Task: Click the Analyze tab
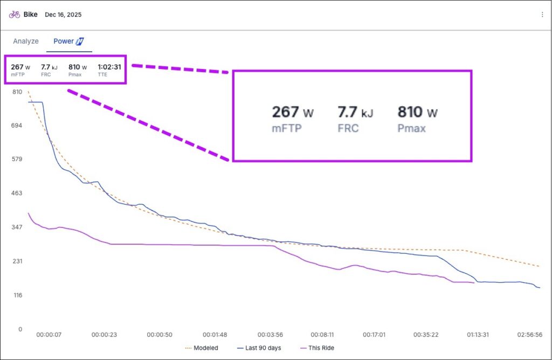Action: pos(26,41)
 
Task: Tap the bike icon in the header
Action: pos(15,15)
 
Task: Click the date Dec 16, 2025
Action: pos(63,15)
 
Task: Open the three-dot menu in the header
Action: pos(542,15)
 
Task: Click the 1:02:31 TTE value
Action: pos(109,67)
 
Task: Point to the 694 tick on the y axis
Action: pos(17,126)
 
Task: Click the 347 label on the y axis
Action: pos(17,227)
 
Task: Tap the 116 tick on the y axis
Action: pos(17,295)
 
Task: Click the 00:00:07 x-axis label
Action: pos(49,335)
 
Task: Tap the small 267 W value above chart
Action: pos(20,67)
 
